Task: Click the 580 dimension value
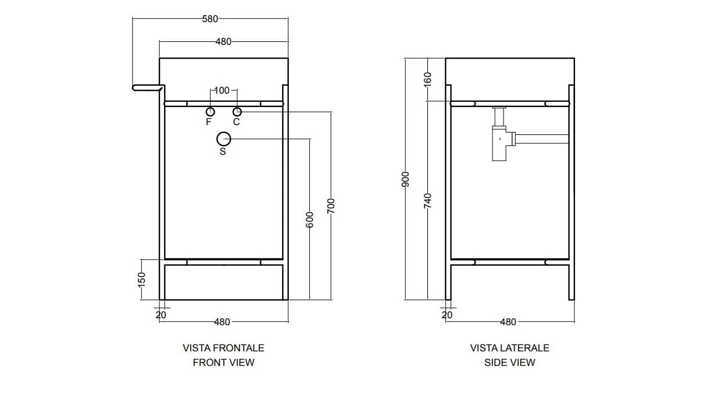tap(210, 19)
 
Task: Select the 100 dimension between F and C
tap(222, 91)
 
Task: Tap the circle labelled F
tap(210, 112)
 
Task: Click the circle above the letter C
tap(237, 112)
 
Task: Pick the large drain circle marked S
tap(224, 139)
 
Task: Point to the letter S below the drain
tap(223, 151)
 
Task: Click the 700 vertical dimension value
tap(331, 206)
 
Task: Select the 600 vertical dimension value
tap(309, 219)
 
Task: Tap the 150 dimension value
tap(142, 279)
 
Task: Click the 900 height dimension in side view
tap(405, 179)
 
